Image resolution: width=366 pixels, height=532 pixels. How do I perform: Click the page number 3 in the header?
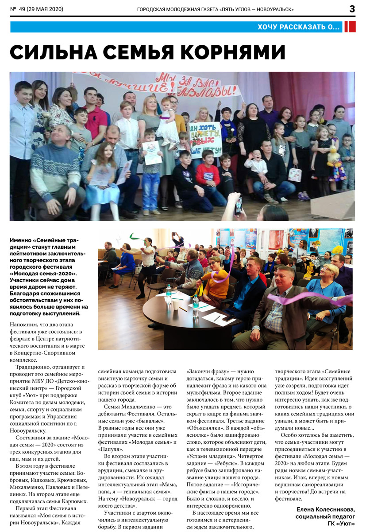point(352,8)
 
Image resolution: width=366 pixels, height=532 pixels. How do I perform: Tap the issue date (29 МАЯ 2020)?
point(44,9)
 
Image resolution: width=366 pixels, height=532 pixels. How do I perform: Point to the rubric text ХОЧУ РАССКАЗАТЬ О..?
point(299,27)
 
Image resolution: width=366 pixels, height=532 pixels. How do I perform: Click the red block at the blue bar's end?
point(350,27)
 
